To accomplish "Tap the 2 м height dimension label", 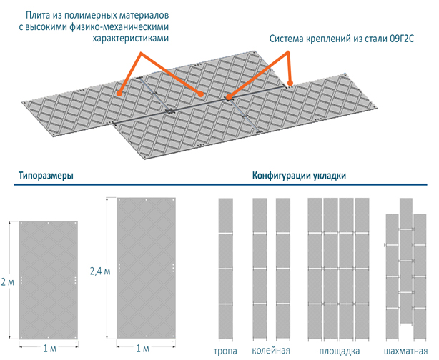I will pos(7,282).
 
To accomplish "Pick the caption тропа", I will pos(226,351).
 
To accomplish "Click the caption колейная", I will pos(270,351).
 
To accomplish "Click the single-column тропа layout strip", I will pos(226,269).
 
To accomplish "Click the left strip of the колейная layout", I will pos(260,269).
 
